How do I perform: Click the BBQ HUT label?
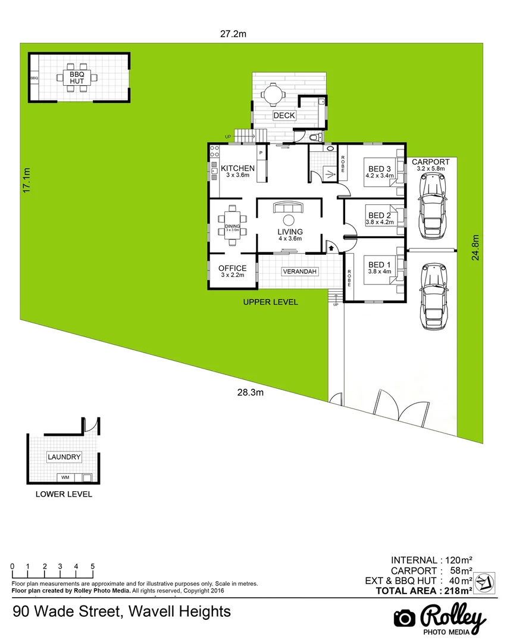tap(77, 77)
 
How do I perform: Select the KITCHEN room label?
tap(237, 168)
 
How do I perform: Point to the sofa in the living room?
tap(287, 208)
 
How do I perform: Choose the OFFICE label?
tap(232, 269)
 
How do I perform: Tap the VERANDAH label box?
tap(300, 271)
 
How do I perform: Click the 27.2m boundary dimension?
tap(233, 34)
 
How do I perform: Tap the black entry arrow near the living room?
tap(331, 245)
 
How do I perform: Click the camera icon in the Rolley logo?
tap(405, 618)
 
